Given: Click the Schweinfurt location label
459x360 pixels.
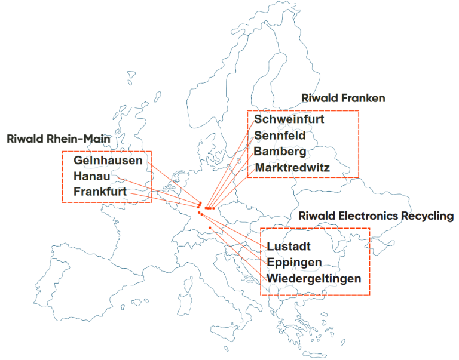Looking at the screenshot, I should pyautogui.click(x=289, y=119).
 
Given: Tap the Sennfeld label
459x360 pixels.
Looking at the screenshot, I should pyautogui.click(x=280, y=136).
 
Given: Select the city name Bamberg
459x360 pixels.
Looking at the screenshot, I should pyautogui.click(x=280, y=152).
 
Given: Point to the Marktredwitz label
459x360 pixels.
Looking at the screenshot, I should pyautogui.click(x=292, y=168).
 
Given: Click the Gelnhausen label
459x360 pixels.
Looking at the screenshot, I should pyautogui.click(x=108, y=161).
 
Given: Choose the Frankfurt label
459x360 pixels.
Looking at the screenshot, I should pyautogui.click(x=100, y=192).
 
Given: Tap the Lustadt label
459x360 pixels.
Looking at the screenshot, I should pyautogui.click(x=289, y=247).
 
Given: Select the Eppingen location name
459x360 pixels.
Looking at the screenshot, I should pyautogui.click(x=294, y=263).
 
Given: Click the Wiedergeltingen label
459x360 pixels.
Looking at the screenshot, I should pyautogui.click(x=314, y=279).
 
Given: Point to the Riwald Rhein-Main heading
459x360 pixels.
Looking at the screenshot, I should pyautogui.click(x=58, y=139).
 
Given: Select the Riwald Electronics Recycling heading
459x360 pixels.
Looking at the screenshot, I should pyautogui.click(x=376, y=216).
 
